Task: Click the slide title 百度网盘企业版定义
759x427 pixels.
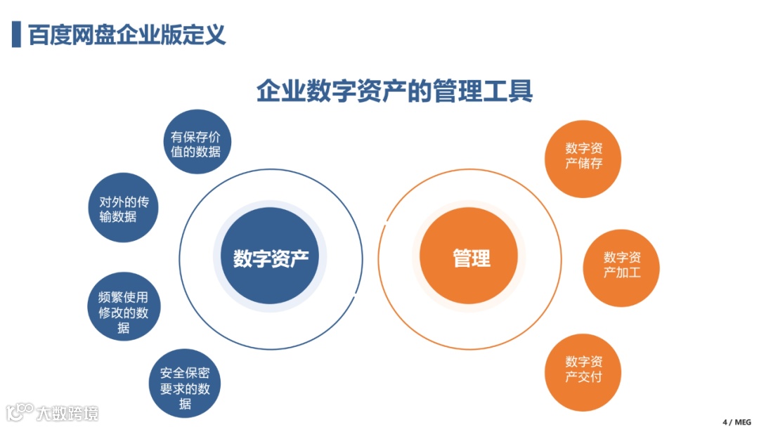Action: (x=127, y=34)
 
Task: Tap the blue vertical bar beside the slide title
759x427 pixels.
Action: (x=16, y=34)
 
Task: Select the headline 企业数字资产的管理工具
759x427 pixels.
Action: (x=394, y=92)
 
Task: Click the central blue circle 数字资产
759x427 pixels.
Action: (x=271, y=258)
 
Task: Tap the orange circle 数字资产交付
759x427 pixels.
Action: (x=583, y=369)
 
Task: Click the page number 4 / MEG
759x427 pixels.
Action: (x=737, y=421)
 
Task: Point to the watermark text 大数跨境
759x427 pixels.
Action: (x=68, y=413)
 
